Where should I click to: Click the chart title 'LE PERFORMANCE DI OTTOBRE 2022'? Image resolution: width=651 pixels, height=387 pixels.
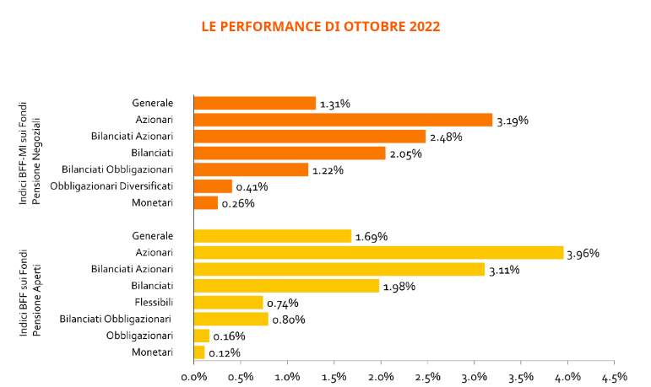tap(321, 26)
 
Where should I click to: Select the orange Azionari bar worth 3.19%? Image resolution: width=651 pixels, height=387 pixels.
tap(343, 120)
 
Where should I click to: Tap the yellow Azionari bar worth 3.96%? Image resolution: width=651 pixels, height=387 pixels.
tap(378, 253)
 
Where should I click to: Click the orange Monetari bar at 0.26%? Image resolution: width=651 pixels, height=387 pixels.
tap(206, 203)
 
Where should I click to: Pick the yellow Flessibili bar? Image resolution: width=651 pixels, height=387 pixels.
tap(228, 303)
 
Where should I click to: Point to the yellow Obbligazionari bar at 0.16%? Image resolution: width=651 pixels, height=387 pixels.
tap(201, 336)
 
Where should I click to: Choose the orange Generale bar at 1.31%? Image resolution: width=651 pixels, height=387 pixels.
tap(255, 103)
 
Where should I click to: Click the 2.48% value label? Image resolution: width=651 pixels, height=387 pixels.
tap(446, 137)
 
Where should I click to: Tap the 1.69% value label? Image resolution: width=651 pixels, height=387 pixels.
tap(372, 237)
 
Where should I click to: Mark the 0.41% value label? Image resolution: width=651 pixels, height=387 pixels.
tap(252, 187)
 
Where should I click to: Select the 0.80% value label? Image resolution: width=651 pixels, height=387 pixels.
tap(289, 320)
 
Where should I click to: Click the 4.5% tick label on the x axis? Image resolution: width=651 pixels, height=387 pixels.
tap(615, 377)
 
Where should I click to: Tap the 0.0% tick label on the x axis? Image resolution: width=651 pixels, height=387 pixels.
tap(194, 377)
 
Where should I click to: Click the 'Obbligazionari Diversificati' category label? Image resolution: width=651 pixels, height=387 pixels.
tap(111, 186)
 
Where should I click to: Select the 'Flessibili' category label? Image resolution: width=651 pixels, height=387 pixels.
tap(154, 303)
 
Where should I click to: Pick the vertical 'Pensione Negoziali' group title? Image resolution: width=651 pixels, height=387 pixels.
tap(36, 161)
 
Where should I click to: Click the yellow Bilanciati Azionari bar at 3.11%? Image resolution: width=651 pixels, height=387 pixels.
tap(339, 269)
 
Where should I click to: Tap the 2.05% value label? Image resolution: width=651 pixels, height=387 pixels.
tap(405, 154)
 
